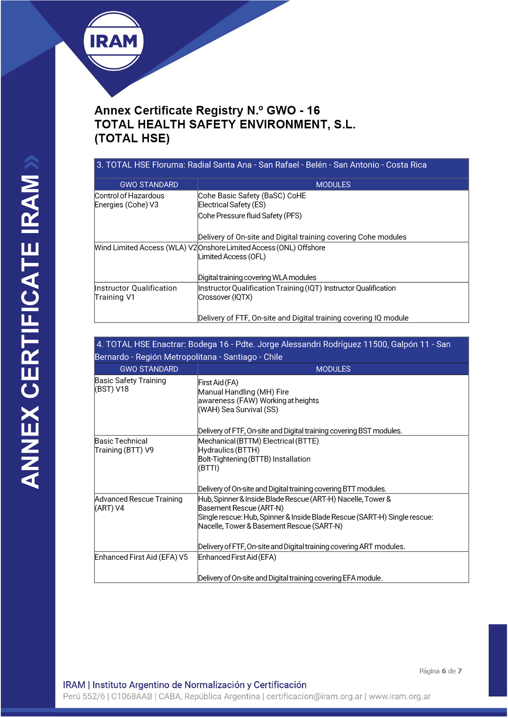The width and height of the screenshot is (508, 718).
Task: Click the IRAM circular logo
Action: pos(114,41)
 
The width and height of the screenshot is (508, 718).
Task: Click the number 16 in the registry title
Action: pos(313,110)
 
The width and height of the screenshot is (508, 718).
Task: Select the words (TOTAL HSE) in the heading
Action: pos(132,138)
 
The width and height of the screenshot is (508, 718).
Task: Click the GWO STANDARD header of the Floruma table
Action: pos(149,184)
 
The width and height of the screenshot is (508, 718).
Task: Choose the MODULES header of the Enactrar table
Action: pos(333,369)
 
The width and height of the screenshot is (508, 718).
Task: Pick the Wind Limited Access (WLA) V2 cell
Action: pos(145,248)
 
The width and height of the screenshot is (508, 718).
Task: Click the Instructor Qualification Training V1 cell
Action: pos(135,293)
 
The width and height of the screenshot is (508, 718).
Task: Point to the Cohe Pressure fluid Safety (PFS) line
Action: pos(250,216)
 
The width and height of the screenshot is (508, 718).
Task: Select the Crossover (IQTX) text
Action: pos(225,297)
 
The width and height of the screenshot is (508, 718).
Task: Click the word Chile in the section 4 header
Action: pos(273,357)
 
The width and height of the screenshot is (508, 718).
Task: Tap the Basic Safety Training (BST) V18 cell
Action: pos(130,385)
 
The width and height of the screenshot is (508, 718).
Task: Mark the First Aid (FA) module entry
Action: pos(218,383)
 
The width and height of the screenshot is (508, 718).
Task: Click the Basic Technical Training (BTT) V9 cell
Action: pos(124,446)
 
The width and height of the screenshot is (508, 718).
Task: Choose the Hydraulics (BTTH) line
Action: pos(228,450)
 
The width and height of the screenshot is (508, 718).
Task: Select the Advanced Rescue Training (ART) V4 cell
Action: pos(138,503)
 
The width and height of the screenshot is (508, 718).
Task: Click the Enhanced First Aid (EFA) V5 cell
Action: pos(141,557)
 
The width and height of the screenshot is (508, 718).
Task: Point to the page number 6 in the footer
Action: pos(443,671)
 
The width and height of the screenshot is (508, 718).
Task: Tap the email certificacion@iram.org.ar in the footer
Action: pos(314,696)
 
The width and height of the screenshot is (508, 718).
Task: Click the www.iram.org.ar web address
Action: pos(399,696)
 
